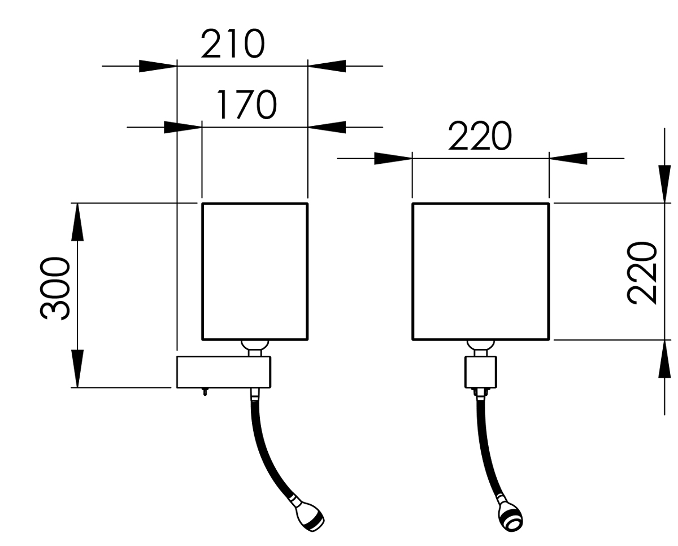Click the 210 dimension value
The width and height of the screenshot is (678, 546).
(x=233, y=45)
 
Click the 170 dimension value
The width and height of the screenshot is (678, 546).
(x=247, y=106)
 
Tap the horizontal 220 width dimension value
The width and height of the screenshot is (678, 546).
(x=480, y=137)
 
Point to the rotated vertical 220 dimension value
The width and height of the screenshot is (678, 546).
(x=643, y=273)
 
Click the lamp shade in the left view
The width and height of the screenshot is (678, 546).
(x=255, y=272)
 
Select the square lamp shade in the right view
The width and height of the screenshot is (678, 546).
(x=480, y=272)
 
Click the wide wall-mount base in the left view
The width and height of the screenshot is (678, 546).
(x=223, y=372)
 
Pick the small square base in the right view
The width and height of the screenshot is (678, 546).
(x=480, y=372)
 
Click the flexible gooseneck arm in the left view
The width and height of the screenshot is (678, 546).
(x=266, y=452)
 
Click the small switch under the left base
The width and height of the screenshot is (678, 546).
(x=205, y=391)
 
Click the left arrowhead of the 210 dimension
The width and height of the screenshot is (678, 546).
(x=158, y=66)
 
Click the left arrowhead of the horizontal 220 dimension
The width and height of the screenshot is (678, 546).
(x=393, y=159)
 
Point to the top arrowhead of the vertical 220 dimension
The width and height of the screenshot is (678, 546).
(x=664, y=184)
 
